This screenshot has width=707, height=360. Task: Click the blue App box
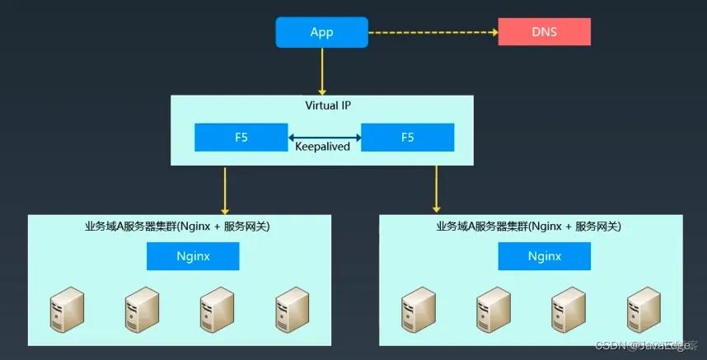coord(321,32)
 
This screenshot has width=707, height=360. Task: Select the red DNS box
coord(545,32)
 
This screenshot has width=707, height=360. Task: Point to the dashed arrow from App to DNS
coord(433,33)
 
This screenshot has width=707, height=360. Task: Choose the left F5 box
coord(241,138)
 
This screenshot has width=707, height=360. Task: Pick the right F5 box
coord(407,138)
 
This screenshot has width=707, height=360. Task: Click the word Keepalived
coord(323,147)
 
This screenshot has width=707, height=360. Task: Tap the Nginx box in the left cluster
coord(193,256)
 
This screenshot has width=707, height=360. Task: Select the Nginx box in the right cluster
coord(544,256)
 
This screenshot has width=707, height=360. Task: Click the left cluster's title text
coord(178,226)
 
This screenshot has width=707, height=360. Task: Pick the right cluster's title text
coord(529,226)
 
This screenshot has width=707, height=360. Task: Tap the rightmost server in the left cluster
coord(291,309)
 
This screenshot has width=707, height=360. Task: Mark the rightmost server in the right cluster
coord(641,309)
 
